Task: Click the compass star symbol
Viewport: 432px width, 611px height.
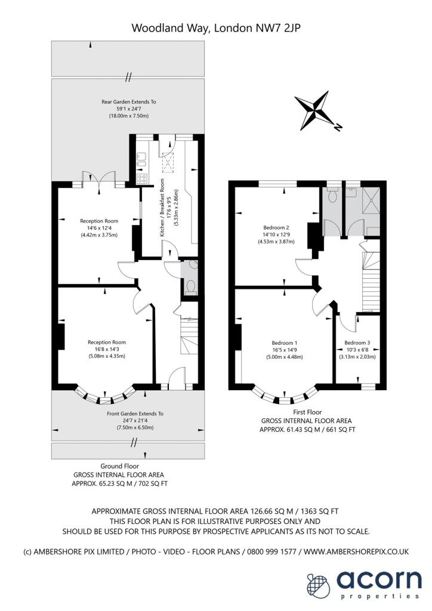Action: tap(313, 110)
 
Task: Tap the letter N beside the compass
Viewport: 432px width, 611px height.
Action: tap(338, 126)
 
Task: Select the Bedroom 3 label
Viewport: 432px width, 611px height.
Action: tap(357, 343)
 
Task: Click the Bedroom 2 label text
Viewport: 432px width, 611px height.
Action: tap(276, 227)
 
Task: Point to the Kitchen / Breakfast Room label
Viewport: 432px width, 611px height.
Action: tap(162, 208)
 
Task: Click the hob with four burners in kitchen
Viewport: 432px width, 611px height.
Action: tap(141, 179)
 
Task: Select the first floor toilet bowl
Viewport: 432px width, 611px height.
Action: tap(332, 196)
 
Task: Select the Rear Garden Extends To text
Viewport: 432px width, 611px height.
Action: tap(128, 101)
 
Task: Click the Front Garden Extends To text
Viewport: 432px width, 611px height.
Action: tap(135, 413)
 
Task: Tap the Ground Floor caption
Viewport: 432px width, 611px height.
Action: tap(119, 466)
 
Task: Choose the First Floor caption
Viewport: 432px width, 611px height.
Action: tap(307, 412)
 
